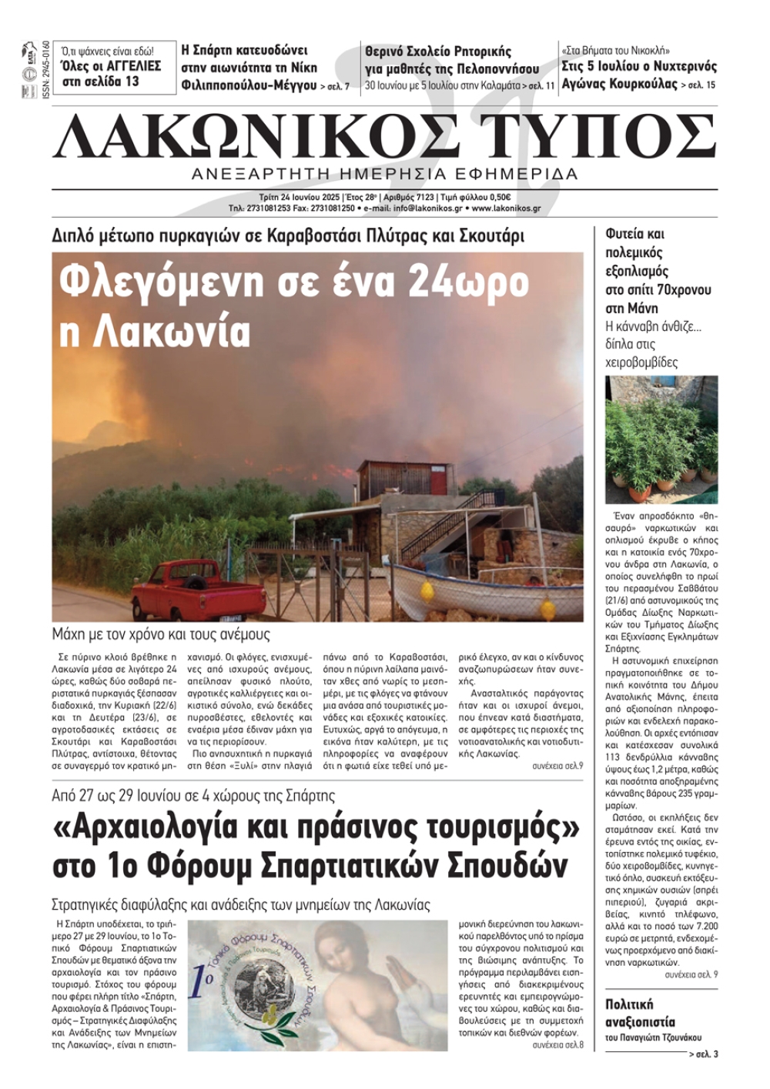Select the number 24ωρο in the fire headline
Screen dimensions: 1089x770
tap(469, 282)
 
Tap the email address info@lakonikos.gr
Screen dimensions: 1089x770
tap(427, 208)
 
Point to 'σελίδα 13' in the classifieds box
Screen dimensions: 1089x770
tap(111, 81)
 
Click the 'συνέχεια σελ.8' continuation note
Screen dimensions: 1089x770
tap(557, 1044)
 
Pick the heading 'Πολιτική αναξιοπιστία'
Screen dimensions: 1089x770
tap(640, 1013)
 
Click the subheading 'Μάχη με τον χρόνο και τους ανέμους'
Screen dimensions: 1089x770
tap(161, 635)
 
